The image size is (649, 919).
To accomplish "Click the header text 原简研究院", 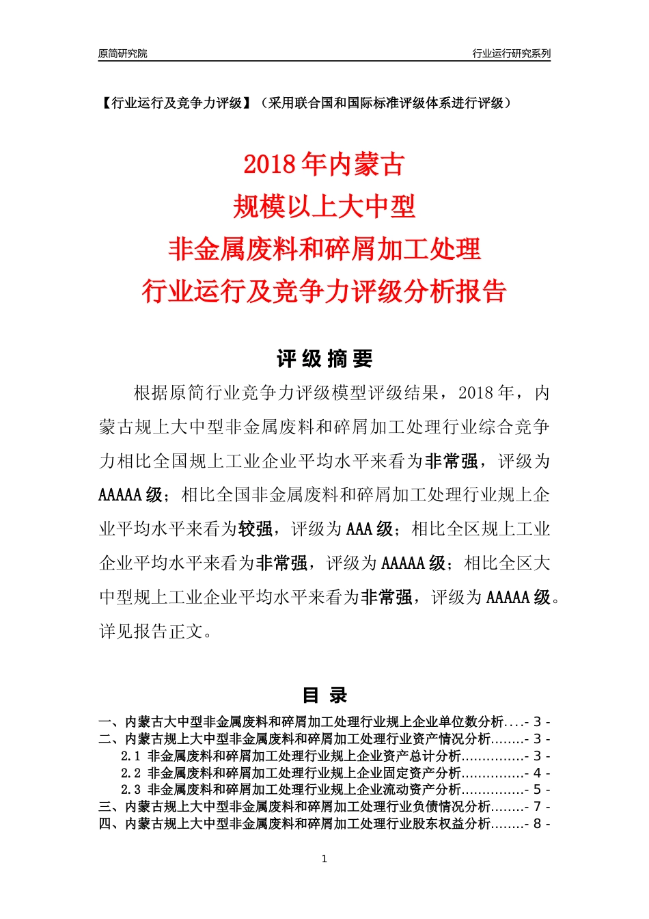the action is pyautogui.click(x=122, y=53).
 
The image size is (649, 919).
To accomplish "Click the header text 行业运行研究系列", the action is pyautogui.click(x=511, y=53).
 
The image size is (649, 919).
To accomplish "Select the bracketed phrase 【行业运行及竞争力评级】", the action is pyautogui.click(x=176, y=103).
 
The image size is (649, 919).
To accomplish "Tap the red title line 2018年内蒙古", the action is pyautogui.click(x=324, y=164).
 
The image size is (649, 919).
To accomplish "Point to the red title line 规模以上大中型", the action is pyautogui.click(x=324, y=207).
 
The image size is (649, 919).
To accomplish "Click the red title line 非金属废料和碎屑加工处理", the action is pyautogui.click(x=324, y=249).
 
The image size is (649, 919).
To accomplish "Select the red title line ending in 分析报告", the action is pyautogui.click(x=324, y=291).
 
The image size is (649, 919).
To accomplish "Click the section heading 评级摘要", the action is pyautogui.click(x=324, y=358).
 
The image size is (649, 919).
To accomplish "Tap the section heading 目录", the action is pyautogui.click(x=324, y=695).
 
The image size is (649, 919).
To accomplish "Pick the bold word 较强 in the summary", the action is pyautogui.click(x=256, y=529).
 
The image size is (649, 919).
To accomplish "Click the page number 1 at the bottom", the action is pyautogui.click(x=324, y=859).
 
